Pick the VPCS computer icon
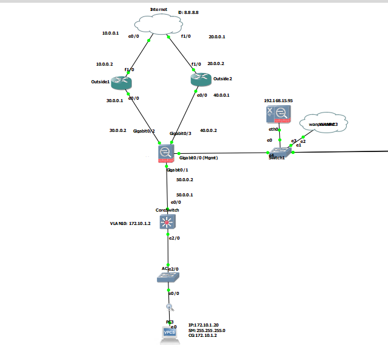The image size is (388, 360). tap(170, 333)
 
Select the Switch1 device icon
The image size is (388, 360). tap(281, 151)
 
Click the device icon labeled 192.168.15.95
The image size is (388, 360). tap(279, 114)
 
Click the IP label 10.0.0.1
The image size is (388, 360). tap(111, 33)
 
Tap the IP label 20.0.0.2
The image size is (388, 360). tap(216, 63)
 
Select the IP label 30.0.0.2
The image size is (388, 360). tap(117, 130)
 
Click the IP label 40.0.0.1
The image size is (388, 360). tap(221, 95)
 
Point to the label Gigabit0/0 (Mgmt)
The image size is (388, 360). tap(198, 157)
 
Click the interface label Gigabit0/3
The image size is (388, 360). tap(181, 133)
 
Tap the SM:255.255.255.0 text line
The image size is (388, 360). tap(207, 330)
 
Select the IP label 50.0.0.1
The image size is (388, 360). tap(184, 195)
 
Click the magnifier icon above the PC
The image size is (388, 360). tap(170, 307)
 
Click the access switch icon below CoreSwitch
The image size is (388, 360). tap(168, 277)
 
